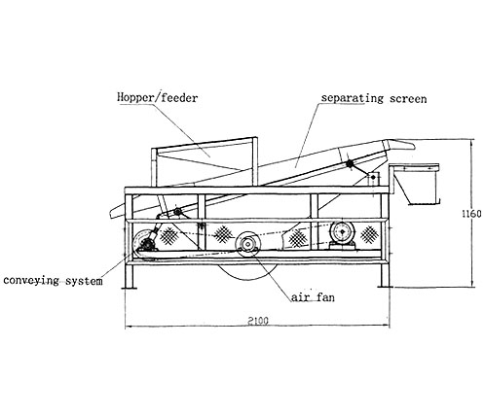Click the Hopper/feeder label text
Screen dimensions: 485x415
point(158,98)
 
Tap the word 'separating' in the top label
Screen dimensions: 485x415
point(353,98)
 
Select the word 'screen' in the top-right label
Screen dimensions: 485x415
point(408,98)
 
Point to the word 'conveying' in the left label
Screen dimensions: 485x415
point(31,281)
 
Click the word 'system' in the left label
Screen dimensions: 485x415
point(84,281)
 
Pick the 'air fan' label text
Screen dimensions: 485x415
point(313,297)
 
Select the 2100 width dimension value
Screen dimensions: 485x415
point(258,321)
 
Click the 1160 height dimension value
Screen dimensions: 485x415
point(472,214)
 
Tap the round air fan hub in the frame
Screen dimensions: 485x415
point(247,243)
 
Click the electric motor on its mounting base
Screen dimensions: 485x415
point(342,235)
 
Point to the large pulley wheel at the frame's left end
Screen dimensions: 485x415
point(142,241)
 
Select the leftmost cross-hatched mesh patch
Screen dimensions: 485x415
point(168,235)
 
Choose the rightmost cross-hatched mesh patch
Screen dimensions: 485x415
point(369,234)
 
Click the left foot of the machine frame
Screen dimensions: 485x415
point(129,287)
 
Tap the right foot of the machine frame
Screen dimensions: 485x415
point(386,287)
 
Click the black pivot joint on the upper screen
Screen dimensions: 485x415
point(350,164)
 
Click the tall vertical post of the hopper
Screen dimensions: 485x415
point(255,162)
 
